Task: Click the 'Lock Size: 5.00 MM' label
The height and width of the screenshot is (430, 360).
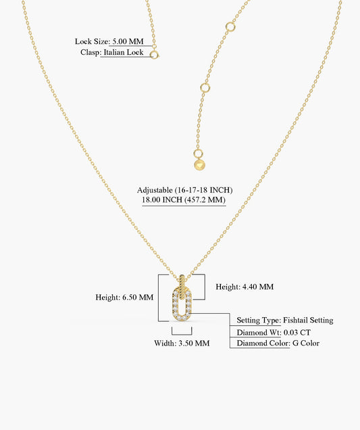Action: tap(109, 41)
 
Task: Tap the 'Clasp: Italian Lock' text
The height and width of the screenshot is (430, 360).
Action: tap(111, 52)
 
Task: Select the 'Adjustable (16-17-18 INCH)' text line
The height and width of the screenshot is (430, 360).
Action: tap(184, 190)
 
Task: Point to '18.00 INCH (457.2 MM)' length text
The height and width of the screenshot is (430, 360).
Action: tap(184, 199)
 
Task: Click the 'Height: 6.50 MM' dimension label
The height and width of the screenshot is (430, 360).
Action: tap(124, 297)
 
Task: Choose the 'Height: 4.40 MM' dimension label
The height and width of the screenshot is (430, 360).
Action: tap(245, 287)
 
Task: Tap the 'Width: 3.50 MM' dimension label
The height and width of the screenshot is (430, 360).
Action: tap(182, 343)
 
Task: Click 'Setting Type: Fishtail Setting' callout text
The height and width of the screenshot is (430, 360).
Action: tap(285, 320)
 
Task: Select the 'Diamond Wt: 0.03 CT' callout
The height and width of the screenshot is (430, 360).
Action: tap(274, 333)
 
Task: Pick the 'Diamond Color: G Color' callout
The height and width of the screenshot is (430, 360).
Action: tap(278, 343)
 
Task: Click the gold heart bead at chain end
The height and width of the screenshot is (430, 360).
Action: tap(200, 165)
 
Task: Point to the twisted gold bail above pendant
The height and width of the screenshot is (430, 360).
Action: tap(182, 287)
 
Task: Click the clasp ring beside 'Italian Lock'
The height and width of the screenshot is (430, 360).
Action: tap(154, 55)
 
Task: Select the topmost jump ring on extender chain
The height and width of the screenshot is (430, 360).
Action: tap(230, 27)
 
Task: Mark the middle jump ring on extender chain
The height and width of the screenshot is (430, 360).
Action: tap(205, 88)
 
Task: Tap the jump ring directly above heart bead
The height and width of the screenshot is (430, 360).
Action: tap(198, 154)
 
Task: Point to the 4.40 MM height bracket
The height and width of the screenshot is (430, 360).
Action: tap(205, 287)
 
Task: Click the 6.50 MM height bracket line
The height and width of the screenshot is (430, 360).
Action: tap(158, 297)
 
